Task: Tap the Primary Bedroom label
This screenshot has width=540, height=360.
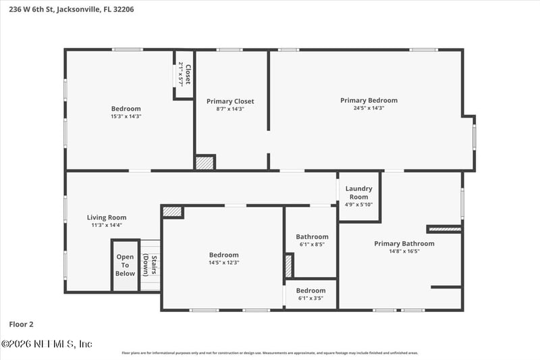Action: tap(369, 101)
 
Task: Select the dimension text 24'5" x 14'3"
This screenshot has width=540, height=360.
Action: tap(369, 108)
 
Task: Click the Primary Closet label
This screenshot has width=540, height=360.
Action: tap(230, 101)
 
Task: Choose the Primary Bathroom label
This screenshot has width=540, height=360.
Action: tap(404, 244)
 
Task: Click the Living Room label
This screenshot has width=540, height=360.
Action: tap(107, 217)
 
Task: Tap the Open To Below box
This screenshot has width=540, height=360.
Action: tap(125, 265)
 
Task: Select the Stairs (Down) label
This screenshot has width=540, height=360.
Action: tap(150, 265)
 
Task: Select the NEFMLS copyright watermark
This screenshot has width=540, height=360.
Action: tap(47, 344)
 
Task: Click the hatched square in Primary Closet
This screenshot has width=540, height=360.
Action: tap(204, 163)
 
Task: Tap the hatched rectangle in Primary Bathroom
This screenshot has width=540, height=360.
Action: tap(445, 229)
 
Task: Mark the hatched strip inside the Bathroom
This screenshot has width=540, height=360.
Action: tap(289, 265)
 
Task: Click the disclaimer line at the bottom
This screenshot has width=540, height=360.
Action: tap(269, 353)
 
